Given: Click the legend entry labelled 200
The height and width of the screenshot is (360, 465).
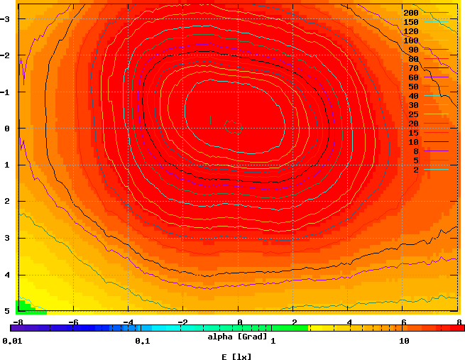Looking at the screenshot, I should click(x=411, y=13).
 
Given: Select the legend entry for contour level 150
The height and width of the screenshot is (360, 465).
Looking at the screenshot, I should click(x=411, y=22).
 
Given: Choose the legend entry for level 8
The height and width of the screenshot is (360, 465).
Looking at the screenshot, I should click(x=416, y=151).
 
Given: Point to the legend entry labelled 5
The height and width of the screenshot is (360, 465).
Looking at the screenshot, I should click(x=416, y=160).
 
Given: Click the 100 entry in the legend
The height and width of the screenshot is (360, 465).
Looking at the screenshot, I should click(x=411, y=40).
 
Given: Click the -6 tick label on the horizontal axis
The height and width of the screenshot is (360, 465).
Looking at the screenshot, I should click(x=72, y=322).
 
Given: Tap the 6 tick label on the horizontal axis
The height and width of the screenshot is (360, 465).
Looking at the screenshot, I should click(x=404, y=322).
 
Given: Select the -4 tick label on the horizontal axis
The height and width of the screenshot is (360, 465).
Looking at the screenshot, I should click(x=128, y=322).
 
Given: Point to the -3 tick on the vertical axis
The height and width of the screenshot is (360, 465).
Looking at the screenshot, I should click(x=6, y=18).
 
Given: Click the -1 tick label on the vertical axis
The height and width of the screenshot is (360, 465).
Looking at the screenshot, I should click(x=6, y=92).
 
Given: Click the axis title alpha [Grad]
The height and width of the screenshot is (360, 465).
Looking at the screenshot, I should click(x=238, y=336).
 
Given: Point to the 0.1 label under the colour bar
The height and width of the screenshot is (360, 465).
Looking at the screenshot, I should click(x=142, y=342).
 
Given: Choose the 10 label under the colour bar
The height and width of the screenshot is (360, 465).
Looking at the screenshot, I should click(x=404, y=342).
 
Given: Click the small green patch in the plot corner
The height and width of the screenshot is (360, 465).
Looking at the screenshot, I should click(x=27, y=308).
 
